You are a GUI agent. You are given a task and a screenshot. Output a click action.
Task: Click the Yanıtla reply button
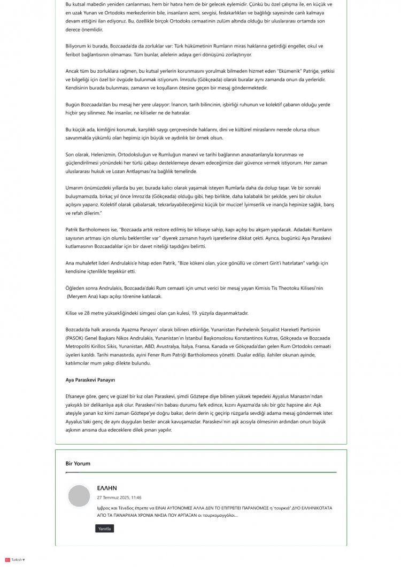(x=104, y=529)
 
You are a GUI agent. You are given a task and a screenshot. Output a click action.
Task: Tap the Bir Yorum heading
(x=78, y=463)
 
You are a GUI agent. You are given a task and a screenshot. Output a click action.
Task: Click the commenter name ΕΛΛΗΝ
(x=107, y=488)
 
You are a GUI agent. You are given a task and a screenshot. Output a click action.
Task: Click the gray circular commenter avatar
(x=79, y=496)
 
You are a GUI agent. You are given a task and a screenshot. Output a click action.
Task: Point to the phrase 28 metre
(x=99, y=313)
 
